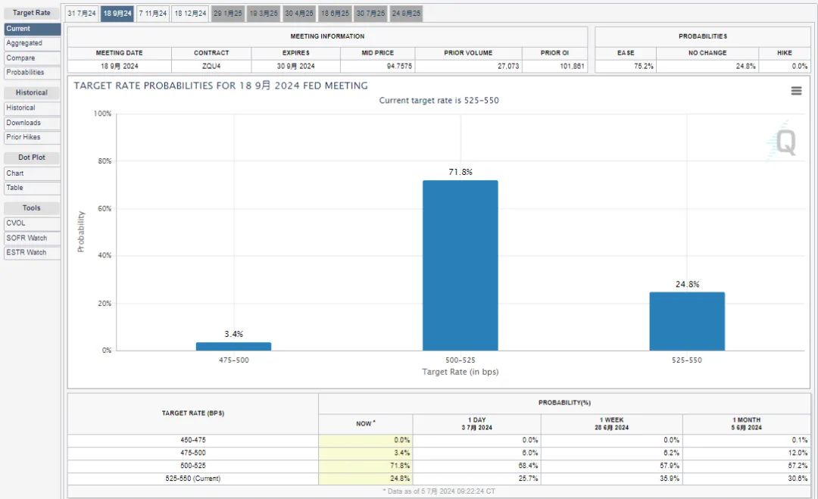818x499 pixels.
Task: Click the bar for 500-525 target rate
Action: [461, 266]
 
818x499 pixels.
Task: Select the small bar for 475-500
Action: [234, 346]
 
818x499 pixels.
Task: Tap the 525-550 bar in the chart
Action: [687, 321]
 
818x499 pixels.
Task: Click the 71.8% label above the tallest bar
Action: [461, 172]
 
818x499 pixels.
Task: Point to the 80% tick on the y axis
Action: [105, 161]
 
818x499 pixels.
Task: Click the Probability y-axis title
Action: [81, 232]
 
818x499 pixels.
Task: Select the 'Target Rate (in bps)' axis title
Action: [461, 372]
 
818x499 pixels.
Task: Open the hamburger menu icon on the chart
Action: [796, 91]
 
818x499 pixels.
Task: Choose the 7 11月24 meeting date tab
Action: [153, 13]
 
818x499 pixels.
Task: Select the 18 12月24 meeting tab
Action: [190, 13]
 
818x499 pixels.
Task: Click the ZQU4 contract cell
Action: [211, 66]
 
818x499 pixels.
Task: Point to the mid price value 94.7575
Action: [399, 66]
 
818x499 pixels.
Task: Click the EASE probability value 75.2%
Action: [644, 66]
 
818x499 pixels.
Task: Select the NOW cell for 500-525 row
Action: [365, 466]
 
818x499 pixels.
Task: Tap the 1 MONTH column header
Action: [747, 423]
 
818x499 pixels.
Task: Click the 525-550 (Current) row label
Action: [193, 478]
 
